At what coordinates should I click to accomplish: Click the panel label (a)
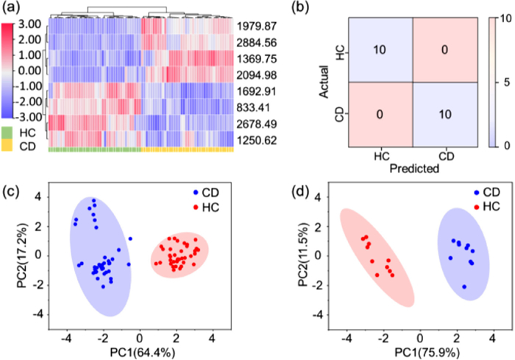pos(13,9)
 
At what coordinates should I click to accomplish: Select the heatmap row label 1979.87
pos(257,28)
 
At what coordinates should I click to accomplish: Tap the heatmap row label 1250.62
pos(257,138)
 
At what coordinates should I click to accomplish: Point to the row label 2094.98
pos(257,75)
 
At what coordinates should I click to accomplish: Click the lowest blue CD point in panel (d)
pos(464,286)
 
